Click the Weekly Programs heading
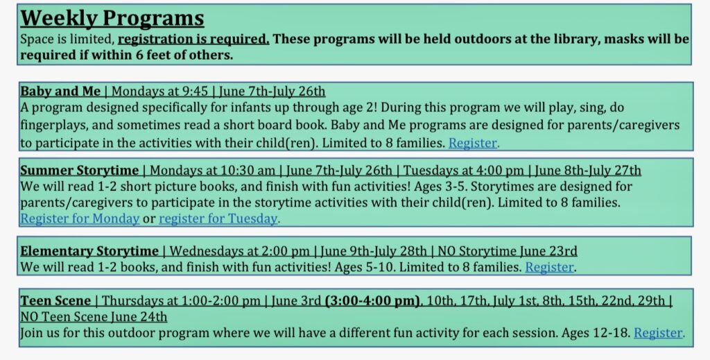tap(112, 18)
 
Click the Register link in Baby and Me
tap(473, 143)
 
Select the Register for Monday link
tap(80, 218)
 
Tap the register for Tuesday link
tap(218, 218)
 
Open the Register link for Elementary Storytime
tap(549, 267)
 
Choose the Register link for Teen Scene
tap(658, 333)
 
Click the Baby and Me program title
tap(60, 91)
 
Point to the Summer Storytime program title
tap(79, 170)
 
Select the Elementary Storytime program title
tap(89, 251)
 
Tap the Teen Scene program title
tap(55, 300)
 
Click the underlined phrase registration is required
tap(193, 40)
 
